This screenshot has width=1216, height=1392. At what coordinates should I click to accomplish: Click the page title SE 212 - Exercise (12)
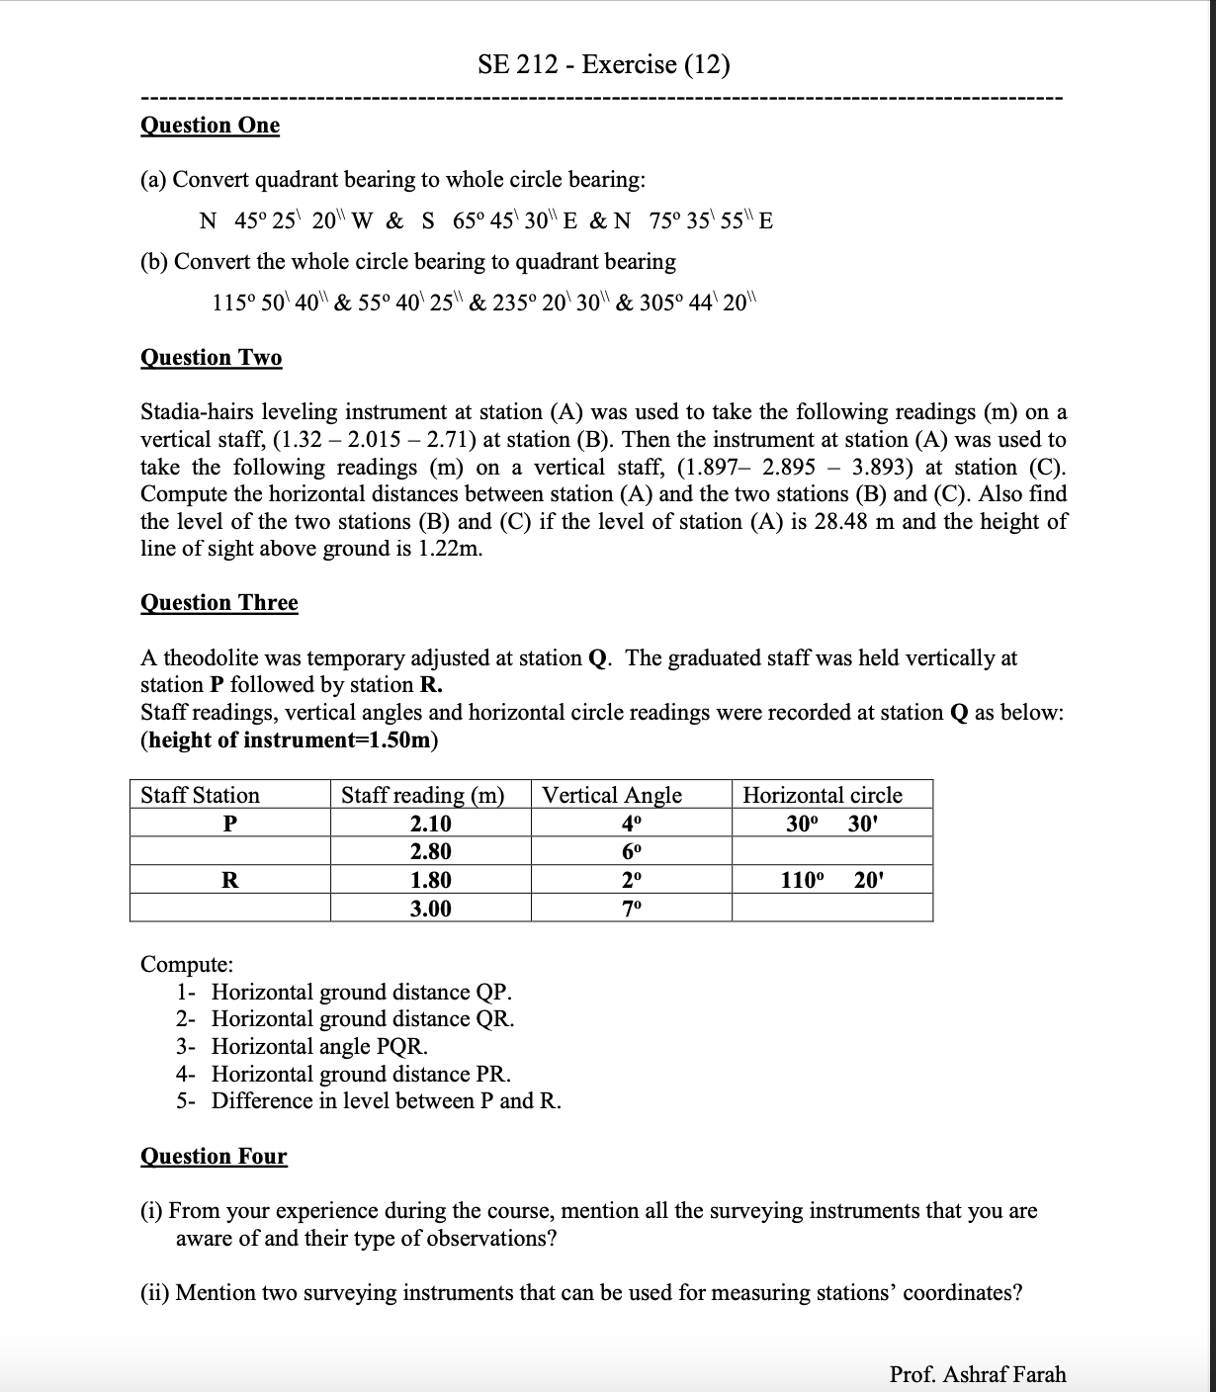[604, 65]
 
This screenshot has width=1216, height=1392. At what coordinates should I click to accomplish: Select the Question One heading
[210, 126]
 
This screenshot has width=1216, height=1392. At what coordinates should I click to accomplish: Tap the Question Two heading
[211, 358]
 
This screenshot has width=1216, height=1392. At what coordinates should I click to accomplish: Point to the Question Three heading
[218, 603]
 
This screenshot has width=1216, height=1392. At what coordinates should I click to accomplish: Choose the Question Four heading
[214, 1157]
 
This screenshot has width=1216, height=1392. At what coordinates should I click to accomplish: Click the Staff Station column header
[201, 795]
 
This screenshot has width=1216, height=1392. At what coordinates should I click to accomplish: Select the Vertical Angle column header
[612, 795]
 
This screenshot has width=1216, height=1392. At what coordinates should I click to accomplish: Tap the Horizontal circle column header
[822, 795]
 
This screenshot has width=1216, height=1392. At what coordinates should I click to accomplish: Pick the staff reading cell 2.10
[430, 824]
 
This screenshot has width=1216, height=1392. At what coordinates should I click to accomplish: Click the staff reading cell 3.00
[430, 909]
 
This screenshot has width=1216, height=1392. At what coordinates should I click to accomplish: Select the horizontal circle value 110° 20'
[830, 880]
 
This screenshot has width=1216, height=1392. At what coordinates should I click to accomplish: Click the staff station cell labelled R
[229, 880]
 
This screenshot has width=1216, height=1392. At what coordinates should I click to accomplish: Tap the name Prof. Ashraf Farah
[977, 1374]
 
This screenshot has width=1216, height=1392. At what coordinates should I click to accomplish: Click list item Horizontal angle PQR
[319, 1046]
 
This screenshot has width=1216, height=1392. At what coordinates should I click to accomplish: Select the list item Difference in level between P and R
[386, 1101]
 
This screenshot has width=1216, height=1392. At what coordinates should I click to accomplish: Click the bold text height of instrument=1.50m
[291, 739]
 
